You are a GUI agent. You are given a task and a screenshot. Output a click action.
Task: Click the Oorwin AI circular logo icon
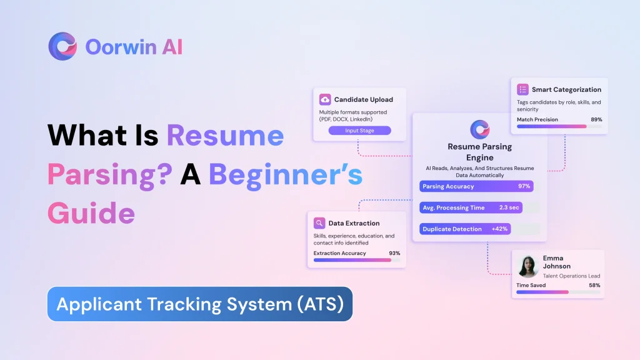62,46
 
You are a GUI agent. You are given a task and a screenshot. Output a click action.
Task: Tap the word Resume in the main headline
225,136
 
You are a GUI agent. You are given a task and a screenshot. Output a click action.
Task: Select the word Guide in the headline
91,213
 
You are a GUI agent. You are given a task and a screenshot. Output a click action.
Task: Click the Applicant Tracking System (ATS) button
200,304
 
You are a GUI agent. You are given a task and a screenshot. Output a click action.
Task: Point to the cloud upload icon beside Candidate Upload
325,99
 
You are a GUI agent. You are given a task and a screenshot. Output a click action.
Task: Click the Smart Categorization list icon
522,89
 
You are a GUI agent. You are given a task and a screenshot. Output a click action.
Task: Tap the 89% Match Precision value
596,119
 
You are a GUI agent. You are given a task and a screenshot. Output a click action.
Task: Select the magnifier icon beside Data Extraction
319,222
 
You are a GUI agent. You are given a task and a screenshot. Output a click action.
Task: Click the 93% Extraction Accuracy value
394,253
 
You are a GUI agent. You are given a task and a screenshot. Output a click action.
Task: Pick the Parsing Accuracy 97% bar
476,186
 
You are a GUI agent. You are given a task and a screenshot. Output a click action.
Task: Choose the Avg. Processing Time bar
471,207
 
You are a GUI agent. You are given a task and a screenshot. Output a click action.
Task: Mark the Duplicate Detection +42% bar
465,229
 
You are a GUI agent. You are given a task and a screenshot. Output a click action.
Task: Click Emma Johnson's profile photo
529,266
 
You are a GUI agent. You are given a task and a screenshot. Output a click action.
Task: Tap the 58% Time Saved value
594,285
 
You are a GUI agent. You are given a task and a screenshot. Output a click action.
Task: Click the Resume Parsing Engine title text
480,152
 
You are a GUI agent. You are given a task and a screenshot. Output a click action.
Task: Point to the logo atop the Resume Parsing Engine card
480,129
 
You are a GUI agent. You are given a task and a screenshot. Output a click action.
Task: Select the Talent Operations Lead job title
571,276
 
